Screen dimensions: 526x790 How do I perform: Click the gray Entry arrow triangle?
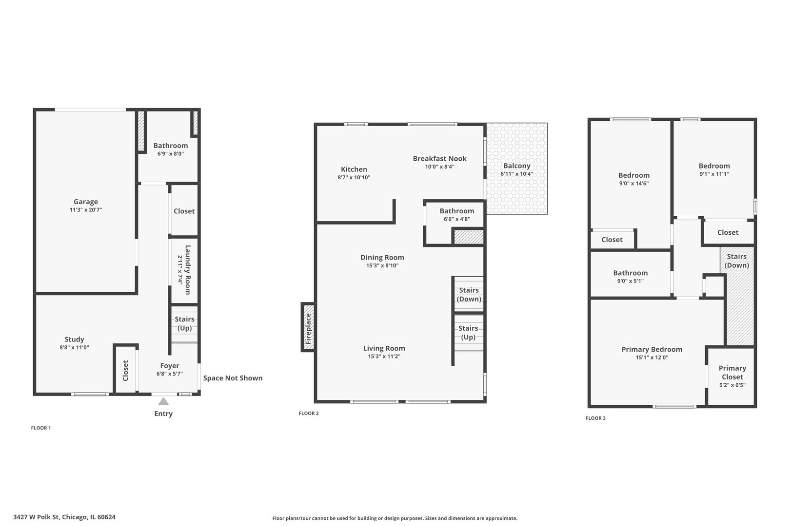tap(163, 402)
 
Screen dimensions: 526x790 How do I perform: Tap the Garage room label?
tap(86, 202)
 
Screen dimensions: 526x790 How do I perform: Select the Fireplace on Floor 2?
tap(308, 327)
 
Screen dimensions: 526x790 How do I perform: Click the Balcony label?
tap(516, 166)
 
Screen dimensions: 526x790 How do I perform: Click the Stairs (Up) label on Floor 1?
tap(184, 323)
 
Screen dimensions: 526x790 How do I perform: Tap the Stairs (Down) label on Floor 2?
tap(469, 295)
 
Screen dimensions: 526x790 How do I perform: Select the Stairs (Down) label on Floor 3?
tap(736, 261)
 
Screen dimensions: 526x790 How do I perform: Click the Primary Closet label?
tap(732, 373)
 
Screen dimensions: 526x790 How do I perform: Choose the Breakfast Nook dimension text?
tap(439, 167)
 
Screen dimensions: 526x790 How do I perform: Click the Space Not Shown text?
tap(233, 378)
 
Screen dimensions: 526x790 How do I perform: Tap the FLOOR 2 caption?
tap(309, 413)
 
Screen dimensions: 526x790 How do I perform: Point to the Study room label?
tap(74, 339)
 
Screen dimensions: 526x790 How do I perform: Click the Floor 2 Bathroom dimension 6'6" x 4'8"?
tap(456, 219)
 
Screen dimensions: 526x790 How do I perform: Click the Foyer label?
tap(170, 366)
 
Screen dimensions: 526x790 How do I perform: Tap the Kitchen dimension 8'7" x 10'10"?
tap(354, 178)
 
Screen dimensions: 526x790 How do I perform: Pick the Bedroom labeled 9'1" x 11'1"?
tap(714, 166)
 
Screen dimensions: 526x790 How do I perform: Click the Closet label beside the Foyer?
tap(125, 371)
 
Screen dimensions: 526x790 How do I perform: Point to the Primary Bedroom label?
tap(652, 349)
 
